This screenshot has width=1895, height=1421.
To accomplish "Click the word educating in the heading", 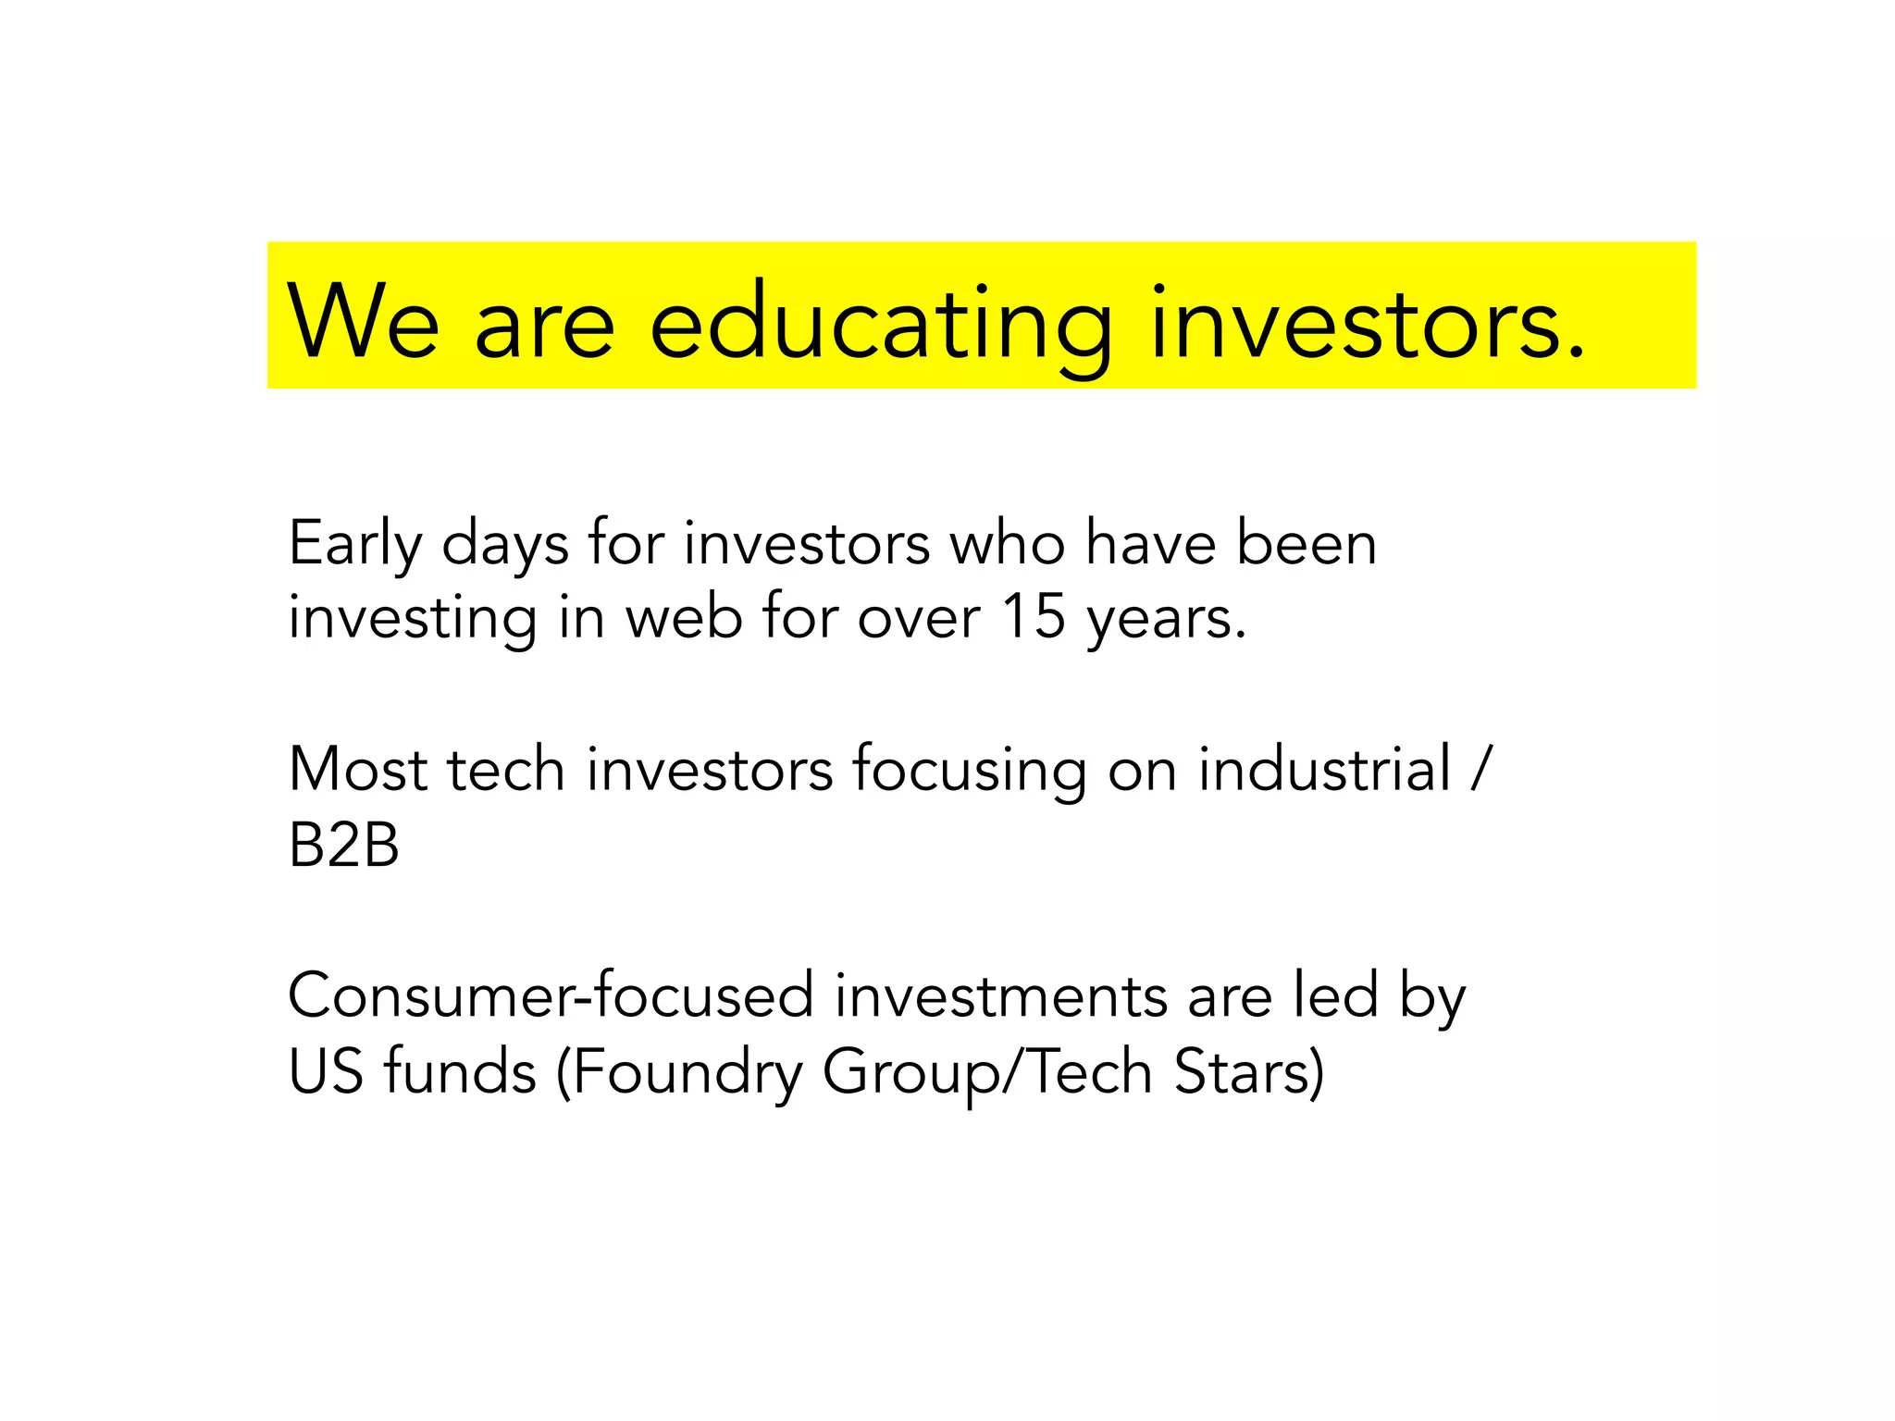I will tap(880, 324).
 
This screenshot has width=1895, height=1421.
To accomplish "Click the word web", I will tap(684, 617).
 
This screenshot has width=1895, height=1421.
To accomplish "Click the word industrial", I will tap(1324, 770).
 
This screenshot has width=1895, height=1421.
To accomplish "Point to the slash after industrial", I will tap(1480, 770).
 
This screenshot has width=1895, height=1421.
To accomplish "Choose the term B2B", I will tap(343, 845).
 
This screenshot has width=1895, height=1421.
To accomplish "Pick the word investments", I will tap(1000, 996).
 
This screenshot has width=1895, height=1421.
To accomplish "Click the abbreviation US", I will tap(325, 1072).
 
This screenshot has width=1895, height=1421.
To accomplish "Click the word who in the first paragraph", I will tap(1008, 544).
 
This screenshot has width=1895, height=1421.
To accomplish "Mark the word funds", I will tap(460, 1072).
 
